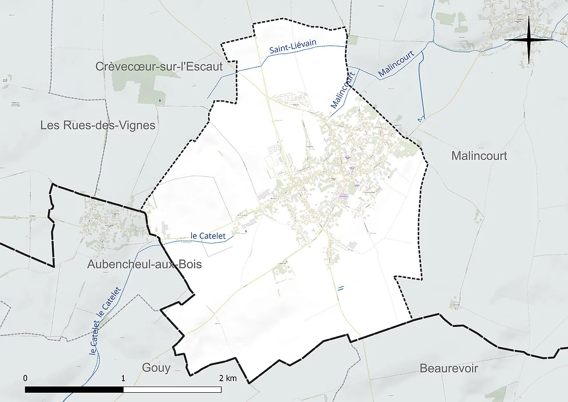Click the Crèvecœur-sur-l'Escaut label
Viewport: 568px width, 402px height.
(x=159, y=67)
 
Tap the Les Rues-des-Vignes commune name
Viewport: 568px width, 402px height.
(x=98, y=125)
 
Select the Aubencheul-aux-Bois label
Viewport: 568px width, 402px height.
(x=144, y=264)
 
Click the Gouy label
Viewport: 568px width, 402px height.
(x=156, y=368)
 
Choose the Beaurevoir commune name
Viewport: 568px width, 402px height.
(x=449, y=368)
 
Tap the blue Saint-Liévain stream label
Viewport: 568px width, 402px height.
(x=292, y=47)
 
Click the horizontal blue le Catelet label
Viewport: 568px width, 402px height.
(x=208, y=236)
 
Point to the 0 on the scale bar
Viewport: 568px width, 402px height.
(x=25, y=378)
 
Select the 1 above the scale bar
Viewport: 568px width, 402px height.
(x=123, y=378)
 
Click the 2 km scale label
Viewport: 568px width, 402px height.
(x=228, y=378)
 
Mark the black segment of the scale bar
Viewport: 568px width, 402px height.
(x=74, y=390)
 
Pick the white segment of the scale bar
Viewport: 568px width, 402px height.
(x=172, y=390)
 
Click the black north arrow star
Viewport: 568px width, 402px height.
(x=529, y=40)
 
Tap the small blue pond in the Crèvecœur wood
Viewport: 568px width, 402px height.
(x=159, y=101)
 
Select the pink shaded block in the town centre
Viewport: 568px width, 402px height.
(x=343, y=195)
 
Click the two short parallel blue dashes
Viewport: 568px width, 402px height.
(x=341, y=288)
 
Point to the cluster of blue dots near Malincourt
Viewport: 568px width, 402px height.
(x=420, y=119)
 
